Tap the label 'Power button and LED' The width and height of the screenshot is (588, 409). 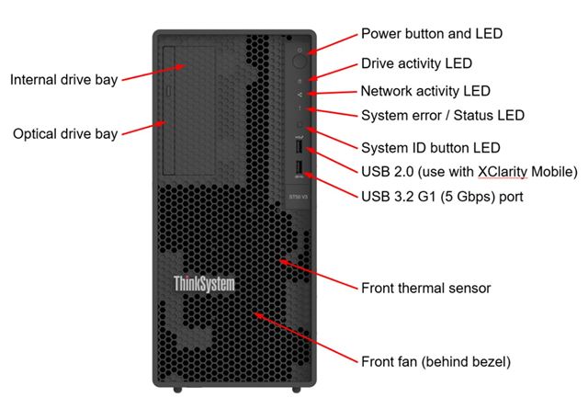431,34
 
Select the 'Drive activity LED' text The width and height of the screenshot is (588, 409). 415,63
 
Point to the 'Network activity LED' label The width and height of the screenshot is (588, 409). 424,91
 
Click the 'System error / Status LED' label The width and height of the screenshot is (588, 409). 442,116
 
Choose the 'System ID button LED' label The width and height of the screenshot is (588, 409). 429,147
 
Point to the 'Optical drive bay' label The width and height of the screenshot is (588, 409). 65,134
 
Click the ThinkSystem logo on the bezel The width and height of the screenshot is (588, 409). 204,284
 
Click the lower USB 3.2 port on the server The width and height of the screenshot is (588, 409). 300,167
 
